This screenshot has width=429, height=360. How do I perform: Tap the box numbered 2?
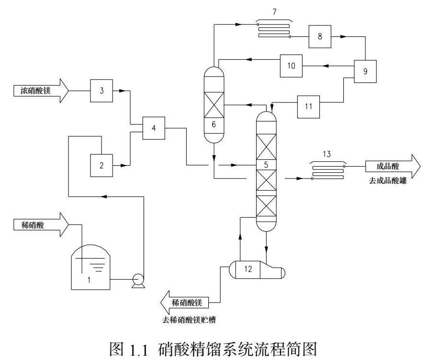pyautogui.click(x=102, y=166)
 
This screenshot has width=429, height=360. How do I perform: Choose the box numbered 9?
pyautogui.click(x=365, y=71)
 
